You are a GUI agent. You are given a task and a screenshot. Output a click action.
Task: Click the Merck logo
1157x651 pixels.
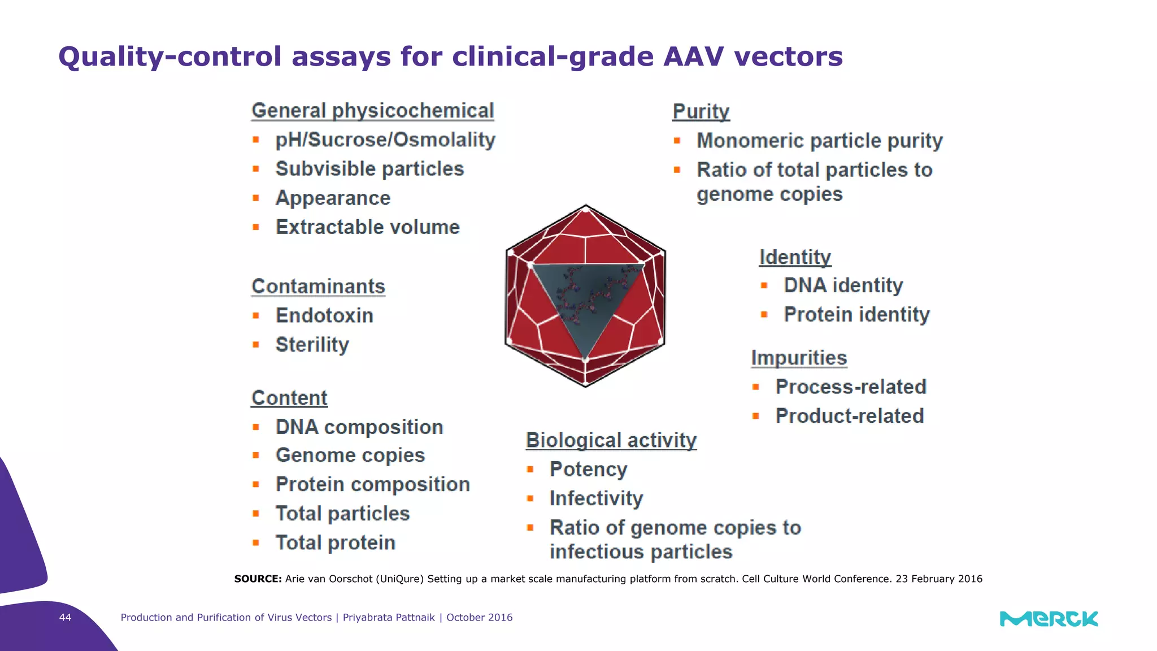point(1049,619)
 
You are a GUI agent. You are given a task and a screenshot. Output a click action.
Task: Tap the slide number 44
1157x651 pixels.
point(66,617)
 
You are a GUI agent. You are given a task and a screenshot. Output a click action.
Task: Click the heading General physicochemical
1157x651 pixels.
point(372,110)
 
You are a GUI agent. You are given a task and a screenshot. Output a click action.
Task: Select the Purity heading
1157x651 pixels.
point(701,111)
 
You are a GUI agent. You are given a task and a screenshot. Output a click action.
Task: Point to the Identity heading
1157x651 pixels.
point(795,257)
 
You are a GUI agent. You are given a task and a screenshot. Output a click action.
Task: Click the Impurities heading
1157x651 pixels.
point(799,358)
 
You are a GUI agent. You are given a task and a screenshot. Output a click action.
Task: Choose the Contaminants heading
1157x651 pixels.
point(318,287)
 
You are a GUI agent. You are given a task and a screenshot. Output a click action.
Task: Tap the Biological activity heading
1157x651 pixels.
point(611,440)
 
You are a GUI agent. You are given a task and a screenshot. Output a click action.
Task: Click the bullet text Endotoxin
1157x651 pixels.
point(324,315)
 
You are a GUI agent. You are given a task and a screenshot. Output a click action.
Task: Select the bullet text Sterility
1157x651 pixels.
point(312,345)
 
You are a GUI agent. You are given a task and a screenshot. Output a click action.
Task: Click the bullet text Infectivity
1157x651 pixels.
point(596,498)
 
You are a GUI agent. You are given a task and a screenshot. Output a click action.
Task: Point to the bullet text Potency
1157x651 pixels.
point(588,469)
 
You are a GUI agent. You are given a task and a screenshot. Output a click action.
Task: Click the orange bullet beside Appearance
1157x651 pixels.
point(256,198)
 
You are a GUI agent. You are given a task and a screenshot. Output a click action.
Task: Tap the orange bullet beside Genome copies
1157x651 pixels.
point(256,455)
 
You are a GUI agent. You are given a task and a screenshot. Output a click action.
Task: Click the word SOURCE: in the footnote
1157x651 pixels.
point(258,579)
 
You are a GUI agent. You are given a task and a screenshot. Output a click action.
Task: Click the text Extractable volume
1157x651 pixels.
point(367,227)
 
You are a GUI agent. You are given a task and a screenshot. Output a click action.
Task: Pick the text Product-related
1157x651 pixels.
point(849,416)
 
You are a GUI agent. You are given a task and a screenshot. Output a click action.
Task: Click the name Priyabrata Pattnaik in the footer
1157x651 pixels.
point(389,617)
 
